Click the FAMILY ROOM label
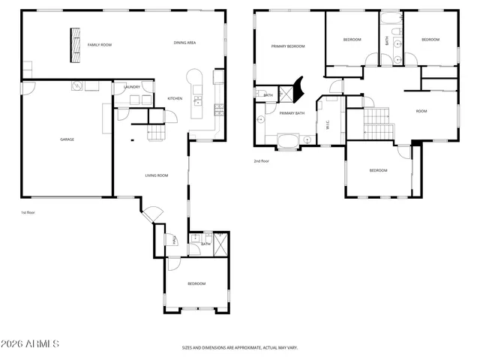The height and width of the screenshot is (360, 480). coord(99,45)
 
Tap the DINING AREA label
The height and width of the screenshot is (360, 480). coord(184,43)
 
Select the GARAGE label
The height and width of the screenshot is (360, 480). coord(67,139)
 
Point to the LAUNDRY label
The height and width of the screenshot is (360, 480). coord(132,87)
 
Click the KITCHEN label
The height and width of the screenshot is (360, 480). coord(175,99)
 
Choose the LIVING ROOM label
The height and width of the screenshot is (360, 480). coord(156,175)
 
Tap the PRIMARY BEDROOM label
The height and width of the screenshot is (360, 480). coord(288,46)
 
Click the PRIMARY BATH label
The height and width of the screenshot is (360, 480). coord(292,113)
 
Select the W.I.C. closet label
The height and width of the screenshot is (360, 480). coord(328,125)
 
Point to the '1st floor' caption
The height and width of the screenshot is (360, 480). coord(28,212)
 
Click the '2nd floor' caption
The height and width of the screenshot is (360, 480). coord(260,160)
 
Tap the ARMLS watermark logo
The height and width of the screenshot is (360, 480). coord(30,344)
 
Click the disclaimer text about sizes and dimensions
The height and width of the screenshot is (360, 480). coord(240,348)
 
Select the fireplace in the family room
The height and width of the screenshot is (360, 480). coord(76,46)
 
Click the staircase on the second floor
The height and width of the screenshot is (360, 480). coord(378,122)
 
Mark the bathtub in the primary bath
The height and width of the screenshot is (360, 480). coord(287,139)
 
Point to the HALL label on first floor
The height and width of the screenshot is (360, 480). coord(174,240)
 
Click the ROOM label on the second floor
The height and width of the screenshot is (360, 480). coord(421,111)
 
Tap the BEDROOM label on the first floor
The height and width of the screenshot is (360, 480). coord(196,283)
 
